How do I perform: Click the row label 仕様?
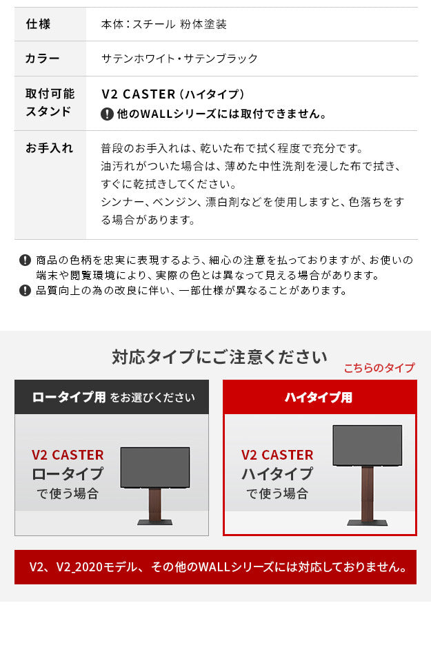tap(38, 24)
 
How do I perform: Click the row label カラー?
tap(42, 59)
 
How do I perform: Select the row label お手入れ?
tap(49, 148)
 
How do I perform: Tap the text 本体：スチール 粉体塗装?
tap(163, 24)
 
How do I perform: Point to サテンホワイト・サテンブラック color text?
tap(179, 59)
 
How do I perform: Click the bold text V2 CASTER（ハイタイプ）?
tap(173, 94)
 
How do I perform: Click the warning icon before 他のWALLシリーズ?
tap(107, 114)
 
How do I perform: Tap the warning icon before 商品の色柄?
tap(26, 260)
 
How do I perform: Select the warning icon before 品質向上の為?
tap(26, 291)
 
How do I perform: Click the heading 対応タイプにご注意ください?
tap(219, 357)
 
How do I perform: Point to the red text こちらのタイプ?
tap(379, 368)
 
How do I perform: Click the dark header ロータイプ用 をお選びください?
tap(112, 398)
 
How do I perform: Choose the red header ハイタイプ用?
tap(319, 398)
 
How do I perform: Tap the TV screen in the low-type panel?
tap(154, 468)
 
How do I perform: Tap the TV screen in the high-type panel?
tap(367, 445)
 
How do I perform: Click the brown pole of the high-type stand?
tap(367, 495)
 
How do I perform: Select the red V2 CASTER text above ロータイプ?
tap(68, 455)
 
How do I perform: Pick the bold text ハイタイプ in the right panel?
tap(277, 475)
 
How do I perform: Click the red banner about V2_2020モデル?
tap(215, 567)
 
